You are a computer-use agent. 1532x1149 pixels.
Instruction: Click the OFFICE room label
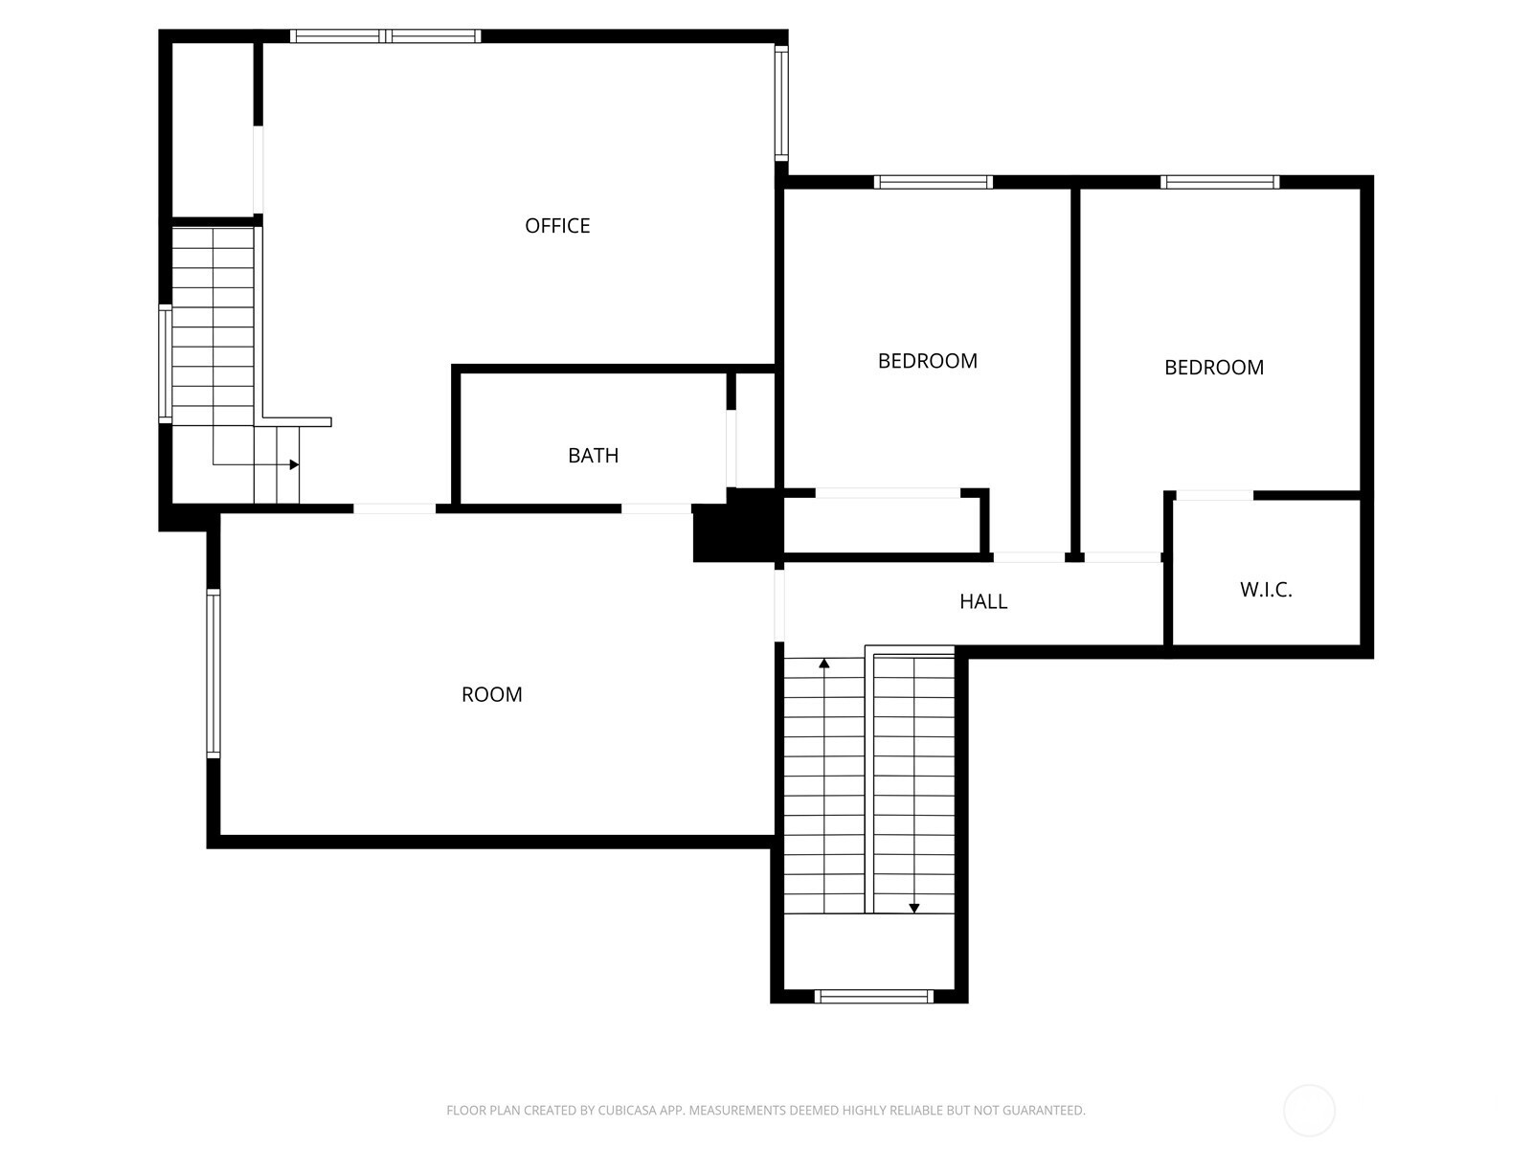click(x=557, y=225)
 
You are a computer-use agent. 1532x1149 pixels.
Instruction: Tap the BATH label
click(x=594, y=456)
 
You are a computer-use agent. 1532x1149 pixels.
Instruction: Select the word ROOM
click(x=491, y=694)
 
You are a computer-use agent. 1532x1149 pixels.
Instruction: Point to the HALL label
click(x=983, y=601)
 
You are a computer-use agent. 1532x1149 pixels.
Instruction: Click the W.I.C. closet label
click(x=1266, y=590)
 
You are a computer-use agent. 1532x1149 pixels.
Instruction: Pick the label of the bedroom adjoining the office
click(x=928, y=361)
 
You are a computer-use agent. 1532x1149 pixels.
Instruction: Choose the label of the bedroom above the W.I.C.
click(x=1214, y=367)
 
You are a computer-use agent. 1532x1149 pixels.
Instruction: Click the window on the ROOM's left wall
click(x=214, y=673)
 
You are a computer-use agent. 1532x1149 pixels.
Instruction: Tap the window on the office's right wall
click(x=781, y=103)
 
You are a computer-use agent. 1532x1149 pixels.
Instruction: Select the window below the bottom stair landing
click(x=873, y=996)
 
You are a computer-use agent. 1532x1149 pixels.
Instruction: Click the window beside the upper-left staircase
click(x=166, y=364)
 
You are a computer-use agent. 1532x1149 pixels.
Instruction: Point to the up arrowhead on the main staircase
click(x=824, y=663)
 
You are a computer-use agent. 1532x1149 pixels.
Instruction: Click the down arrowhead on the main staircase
click(x=914, y=909)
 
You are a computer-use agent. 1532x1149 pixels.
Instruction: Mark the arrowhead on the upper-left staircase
click(x=295, y=464)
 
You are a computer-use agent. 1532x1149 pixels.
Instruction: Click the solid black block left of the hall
click(x=737, y=526)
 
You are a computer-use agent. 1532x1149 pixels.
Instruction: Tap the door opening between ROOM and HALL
click(x=779, y=605)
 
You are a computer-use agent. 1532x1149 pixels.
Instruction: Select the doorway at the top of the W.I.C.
click(x=1214, y=495)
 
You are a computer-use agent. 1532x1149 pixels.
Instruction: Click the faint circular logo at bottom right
click(x=1309, y=1110)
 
